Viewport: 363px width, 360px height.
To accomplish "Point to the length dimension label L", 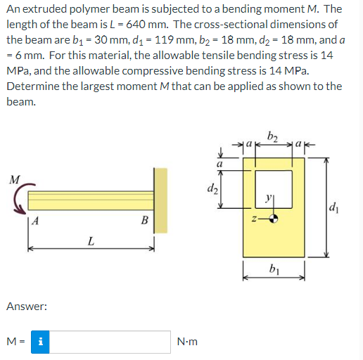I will pos(90,243).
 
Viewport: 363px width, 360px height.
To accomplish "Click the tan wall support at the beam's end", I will pos(161,200).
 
